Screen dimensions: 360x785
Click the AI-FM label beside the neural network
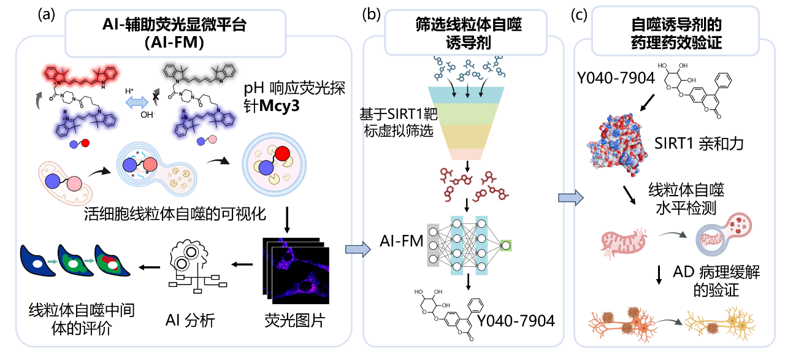[401, 240]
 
